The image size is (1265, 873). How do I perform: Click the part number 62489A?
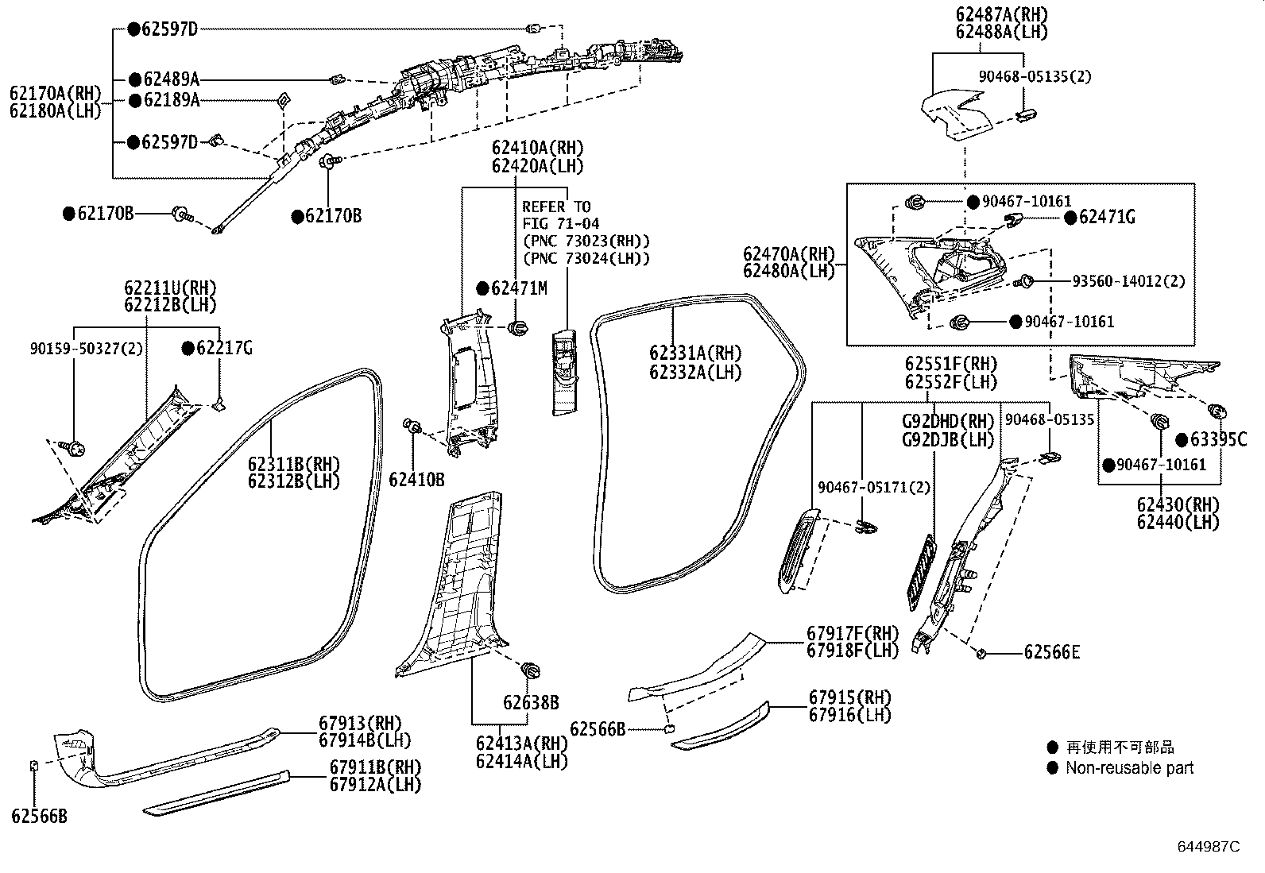point(171,79)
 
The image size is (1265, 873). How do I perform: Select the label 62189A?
point(171,100)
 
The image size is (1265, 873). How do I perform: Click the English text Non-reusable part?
point(1129,768)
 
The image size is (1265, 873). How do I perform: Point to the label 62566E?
point(1051,653)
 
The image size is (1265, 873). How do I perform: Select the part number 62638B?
point(530,703)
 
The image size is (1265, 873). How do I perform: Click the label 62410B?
point(416,480)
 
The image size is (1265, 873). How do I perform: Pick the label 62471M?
point(519,288)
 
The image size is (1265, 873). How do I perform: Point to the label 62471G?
point(1107,217)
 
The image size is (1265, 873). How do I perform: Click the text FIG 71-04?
point(560,224)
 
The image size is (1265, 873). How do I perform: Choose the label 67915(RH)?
point(849,697)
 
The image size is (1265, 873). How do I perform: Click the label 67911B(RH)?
point(375,767)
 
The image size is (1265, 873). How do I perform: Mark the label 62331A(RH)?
point(694,353)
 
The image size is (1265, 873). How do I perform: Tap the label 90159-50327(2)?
point(87,348)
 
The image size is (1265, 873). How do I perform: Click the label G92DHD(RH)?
point(948,421)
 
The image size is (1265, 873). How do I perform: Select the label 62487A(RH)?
point(1001,14)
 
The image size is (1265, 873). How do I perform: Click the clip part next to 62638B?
point(528,669)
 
